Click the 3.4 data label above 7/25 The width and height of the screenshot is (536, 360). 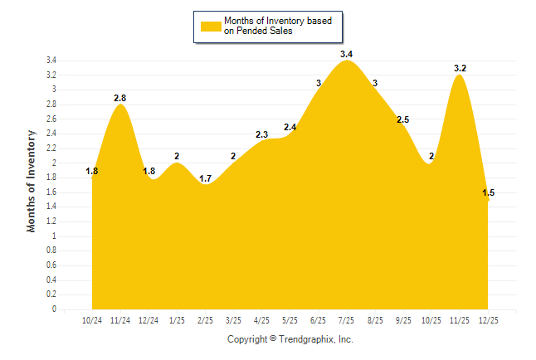point(347,55)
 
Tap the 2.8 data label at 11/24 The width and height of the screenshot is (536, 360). point(121,98)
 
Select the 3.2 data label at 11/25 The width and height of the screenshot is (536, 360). point(460,69)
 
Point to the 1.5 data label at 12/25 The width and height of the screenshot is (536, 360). point(489,192)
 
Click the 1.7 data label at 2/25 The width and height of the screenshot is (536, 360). point(206,178)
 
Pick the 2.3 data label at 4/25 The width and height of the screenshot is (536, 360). point(262,134)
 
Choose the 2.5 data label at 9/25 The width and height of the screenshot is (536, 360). point(403,120)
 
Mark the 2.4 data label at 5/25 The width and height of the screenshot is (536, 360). point(290,127)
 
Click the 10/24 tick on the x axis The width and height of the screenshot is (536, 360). point(92,320)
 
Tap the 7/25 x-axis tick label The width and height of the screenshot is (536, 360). point(347,320)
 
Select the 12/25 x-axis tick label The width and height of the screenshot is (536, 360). point(488,320)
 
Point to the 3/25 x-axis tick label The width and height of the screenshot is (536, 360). point(233,320)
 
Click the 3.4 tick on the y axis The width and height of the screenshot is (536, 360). point(51,61)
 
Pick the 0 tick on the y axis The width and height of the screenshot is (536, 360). point(54,309)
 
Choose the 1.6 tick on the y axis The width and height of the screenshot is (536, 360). point(51,192)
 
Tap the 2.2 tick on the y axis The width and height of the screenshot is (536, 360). point(51,148)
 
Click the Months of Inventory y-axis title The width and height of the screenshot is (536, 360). point(32,180)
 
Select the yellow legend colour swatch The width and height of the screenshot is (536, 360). point(209,26)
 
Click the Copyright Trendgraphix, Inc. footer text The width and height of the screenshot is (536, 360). point(290,339)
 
